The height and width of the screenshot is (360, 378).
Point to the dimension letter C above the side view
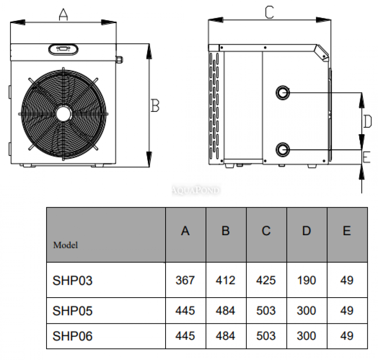270,12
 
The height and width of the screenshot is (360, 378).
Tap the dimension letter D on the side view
367,121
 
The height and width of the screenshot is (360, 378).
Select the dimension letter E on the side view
366,157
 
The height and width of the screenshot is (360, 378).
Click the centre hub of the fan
64,114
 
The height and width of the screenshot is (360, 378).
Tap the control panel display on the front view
64,49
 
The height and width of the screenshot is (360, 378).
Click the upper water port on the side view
282,93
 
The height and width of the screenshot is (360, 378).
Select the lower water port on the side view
282,150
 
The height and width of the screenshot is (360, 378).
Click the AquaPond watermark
196,190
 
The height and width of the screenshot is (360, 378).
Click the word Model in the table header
65,245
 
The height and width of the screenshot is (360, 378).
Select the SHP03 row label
72,281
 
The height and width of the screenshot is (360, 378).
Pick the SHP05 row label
72,311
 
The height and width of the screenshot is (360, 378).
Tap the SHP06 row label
72,336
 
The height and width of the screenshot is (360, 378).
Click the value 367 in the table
185,280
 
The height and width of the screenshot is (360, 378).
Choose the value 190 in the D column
307,280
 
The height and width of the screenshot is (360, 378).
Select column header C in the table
266,231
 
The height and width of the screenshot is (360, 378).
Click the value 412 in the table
225,280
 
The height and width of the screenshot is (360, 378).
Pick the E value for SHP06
347,336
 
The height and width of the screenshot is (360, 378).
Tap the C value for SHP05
266,310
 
